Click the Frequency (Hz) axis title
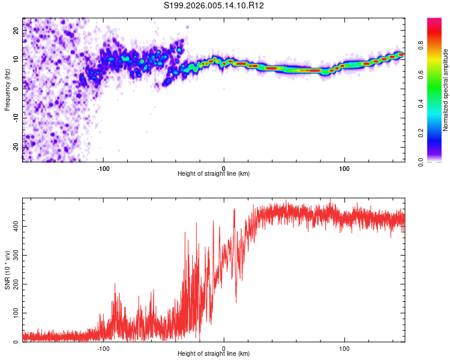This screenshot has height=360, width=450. [x=7, y=90]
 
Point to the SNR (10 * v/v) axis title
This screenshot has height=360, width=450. [x=7, y=270]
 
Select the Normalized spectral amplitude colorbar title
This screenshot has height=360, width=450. [x=446, y=90]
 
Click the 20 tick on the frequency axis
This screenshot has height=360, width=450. [x=16, y=30]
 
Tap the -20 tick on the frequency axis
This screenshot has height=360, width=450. [x=15, y=147]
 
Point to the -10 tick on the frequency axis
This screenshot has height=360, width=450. [x=15, y=118]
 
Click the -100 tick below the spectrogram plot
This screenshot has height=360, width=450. [x=103, y=168]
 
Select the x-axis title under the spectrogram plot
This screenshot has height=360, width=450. [x=214, y=174]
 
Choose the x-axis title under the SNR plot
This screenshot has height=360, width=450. [x=214, y=354]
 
